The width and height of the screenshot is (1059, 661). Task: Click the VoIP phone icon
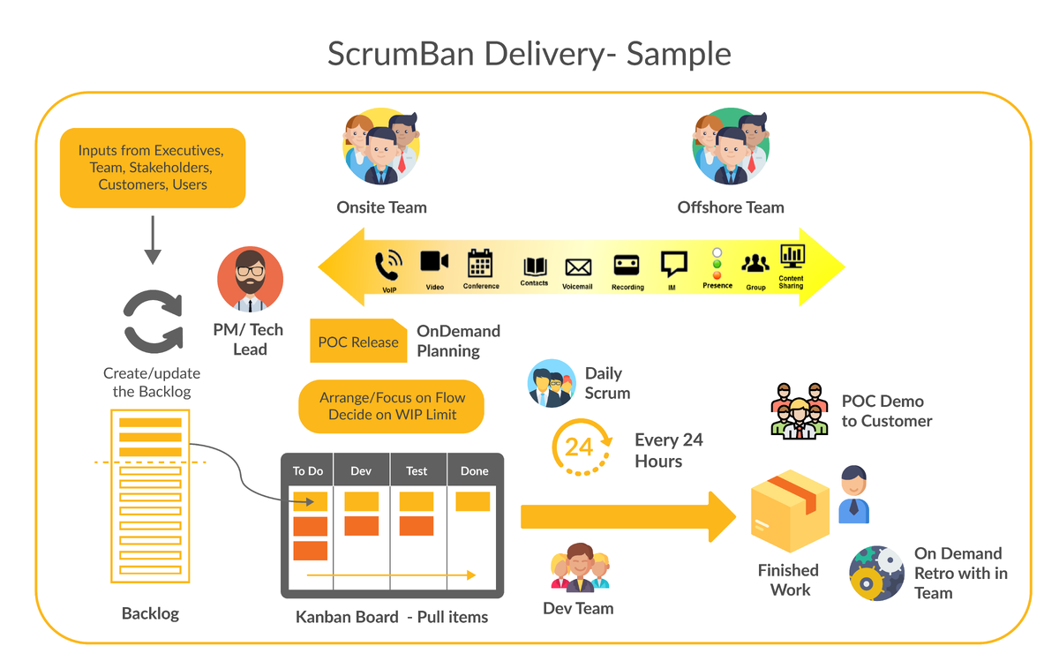[x=389, y=266]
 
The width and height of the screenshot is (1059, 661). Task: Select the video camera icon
[x=434, y=261]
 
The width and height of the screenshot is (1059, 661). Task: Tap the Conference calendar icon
[x=480, y=263]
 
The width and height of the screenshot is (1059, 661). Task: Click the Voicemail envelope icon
[x=577, y=267]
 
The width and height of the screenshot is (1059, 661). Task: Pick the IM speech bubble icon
[x=673, y=265]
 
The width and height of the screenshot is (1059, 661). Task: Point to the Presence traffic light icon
[x=717, y=263]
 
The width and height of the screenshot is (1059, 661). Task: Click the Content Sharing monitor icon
[x=792, y=256]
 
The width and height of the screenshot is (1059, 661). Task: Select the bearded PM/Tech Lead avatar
[x=250, y=279]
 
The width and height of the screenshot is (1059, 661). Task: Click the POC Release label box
[x=358, y=342]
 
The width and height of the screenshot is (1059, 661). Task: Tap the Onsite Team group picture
[x=380, y=146]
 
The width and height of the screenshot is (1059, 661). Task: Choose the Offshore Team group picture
[x=731, y=146]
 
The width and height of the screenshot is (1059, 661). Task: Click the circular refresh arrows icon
[x=152, y=322]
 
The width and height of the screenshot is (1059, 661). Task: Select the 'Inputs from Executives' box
[x=153, y=168]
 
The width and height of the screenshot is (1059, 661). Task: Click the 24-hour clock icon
[x=581, y=447]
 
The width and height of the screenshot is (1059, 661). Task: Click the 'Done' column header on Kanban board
[x=474, y=471]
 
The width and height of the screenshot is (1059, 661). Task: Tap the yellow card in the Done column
[x=472, y=501]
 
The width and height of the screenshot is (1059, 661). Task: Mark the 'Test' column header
[x=417, y=471]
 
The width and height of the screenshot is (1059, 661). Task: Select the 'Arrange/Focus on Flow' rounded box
[x=392, y=406]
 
